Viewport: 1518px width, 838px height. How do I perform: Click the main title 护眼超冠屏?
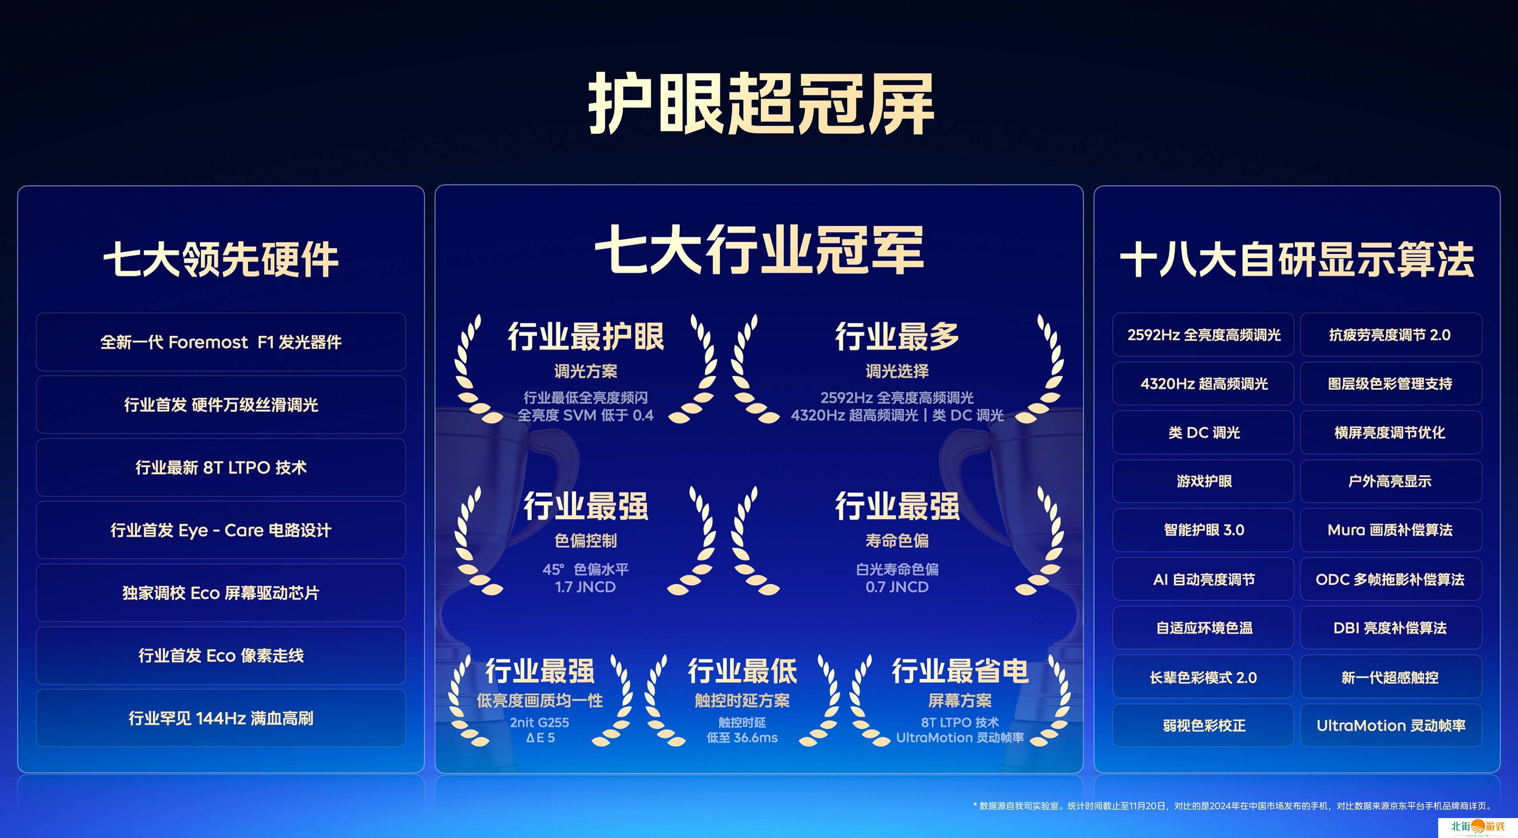pyautogui.click(x=761, y=104)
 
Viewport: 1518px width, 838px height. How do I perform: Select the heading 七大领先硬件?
pyautogui.click(x=221, y=259)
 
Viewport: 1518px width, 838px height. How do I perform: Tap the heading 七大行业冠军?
pyautogui.click(x=759, y=250)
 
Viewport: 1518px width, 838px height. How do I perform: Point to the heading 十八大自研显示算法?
pyautogui.click(x=1297, y=259)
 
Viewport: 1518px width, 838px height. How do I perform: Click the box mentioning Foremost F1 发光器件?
pyautogui.click(x=221, y=342)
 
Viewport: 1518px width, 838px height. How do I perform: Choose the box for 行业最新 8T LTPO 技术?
pyautogui.click(x=221, y=467)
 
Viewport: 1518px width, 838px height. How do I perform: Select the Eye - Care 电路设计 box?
pyautogui.click(x=221, y=530)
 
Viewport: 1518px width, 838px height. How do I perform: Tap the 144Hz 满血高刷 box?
pyautogui.click(x=221, y=718)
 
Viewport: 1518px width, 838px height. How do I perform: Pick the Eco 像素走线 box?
pyautogui.click(x=221, y=655)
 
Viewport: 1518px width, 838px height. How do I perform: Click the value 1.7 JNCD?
pyautogui.click(x=585, y=587)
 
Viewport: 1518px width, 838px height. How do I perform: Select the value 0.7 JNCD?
pyautogui.click(x=897, y=587)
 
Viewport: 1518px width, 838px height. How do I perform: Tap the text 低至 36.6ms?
pyautogui.click(x=742, y=738)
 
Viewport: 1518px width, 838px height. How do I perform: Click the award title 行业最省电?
pyautogui.click(x=960, y=671)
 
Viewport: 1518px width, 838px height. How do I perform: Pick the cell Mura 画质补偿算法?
pyautogui.click(x=1391, y=530)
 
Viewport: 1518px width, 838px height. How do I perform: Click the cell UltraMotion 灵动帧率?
pyautogui.click(x=1391, y=725)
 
